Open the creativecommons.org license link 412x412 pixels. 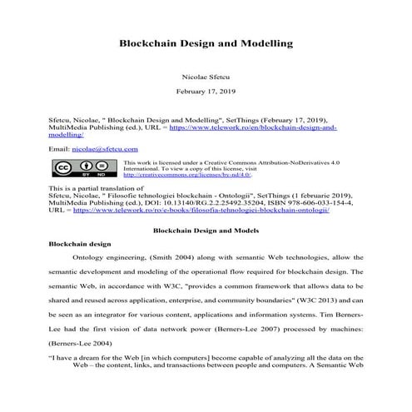[x=187, y=175]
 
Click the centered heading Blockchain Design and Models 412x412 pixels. [x=205, y=229]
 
